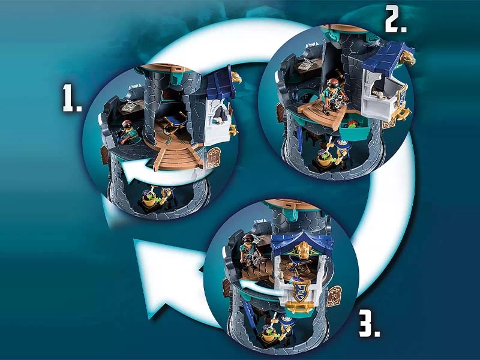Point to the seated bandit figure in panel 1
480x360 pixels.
point(128,132)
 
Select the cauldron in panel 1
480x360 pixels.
point(148,200)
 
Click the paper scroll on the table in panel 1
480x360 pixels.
point(130,106)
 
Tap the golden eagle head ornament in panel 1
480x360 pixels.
point(236,77)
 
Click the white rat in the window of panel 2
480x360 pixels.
point(379,95)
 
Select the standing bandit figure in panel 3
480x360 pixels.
point(250,253)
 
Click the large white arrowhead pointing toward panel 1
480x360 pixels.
point(172,277)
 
